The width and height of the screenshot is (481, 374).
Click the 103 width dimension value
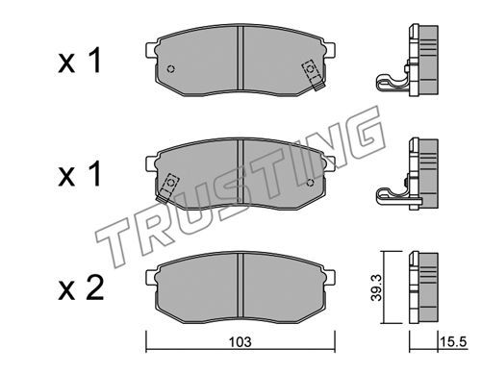[240, 341]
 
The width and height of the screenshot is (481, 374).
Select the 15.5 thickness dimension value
[453, 341]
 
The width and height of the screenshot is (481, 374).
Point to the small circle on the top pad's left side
[171, 69]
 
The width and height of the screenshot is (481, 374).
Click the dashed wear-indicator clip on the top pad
[313, 75]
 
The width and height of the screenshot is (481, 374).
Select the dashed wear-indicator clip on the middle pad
[167, 188]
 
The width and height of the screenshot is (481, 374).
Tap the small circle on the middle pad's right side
[310, 183]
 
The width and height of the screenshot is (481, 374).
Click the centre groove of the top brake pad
[240, 58]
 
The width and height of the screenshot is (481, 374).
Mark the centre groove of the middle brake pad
[240, 171]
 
